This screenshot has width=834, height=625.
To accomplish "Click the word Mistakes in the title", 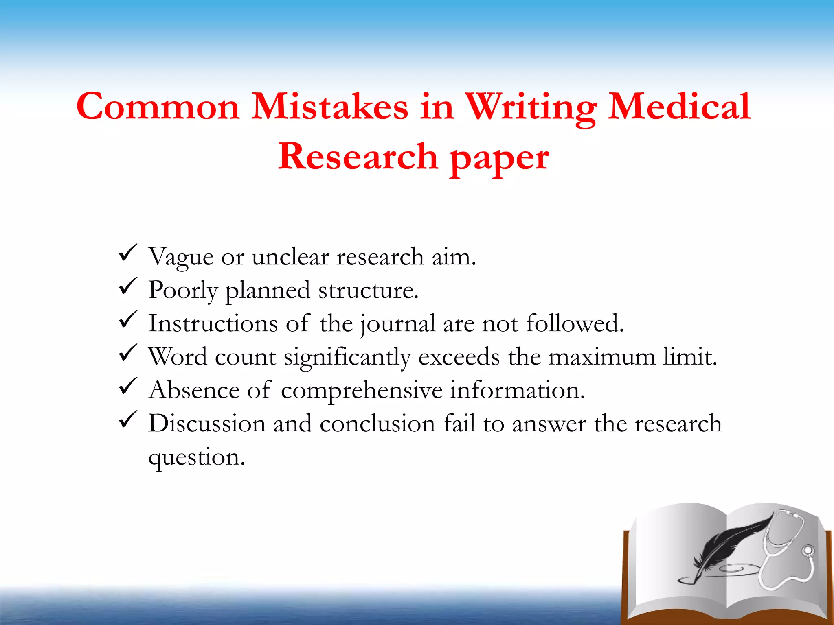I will click(329, 107).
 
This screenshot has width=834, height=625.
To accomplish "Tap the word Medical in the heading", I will click(679, 107).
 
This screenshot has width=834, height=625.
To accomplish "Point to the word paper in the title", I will click(499, 158).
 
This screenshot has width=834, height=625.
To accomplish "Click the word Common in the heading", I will click(158, 107).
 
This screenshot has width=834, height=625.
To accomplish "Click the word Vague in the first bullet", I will click(181, 257).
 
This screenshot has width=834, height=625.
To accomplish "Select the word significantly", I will click(347, 358).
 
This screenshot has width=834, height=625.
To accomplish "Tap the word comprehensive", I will click(362, 391).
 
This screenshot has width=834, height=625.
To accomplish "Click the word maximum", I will click(601, 357).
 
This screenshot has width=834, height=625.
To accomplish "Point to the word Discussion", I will click(207, 424).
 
